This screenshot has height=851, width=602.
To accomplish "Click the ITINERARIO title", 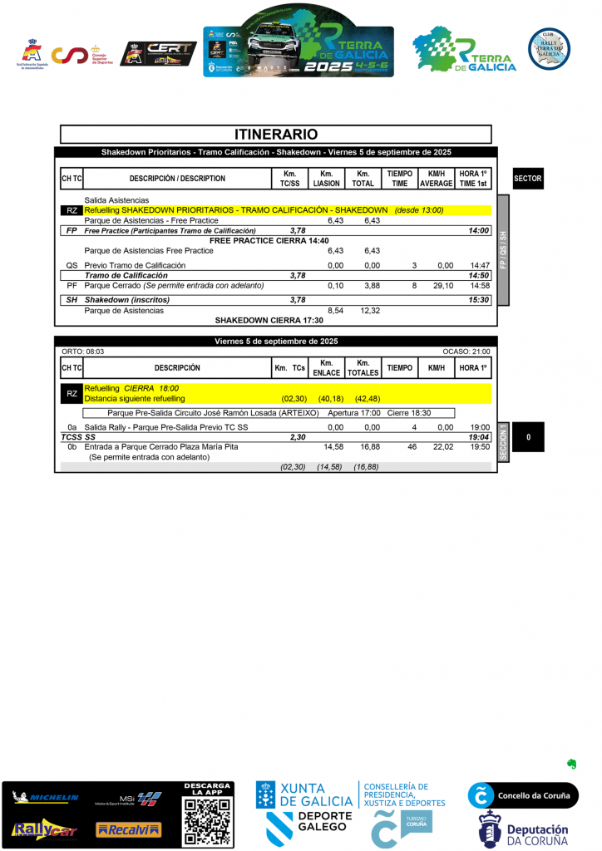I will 276,134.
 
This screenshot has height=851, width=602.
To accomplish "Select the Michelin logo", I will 46,799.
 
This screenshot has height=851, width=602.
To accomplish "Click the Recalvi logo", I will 128,829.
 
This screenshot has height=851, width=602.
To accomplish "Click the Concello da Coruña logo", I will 522,795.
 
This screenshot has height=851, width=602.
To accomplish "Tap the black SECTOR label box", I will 527,179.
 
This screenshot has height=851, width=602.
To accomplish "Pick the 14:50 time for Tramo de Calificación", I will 478,275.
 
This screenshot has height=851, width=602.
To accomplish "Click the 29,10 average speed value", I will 443,285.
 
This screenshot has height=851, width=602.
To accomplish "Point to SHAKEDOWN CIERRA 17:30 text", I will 269,320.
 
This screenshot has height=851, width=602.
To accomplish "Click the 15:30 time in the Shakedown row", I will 478,300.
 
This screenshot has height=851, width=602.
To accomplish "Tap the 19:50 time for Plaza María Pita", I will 480,447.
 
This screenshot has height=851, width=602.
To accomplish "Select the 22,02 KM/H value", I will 443,447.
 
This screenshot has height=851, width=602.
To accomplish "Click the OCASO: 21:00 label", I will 466,352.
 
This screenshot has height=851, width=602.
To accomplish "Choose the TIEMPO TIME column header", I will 400,179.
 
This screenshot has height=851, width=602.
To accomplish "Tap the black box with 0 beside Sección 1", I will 527,437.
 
